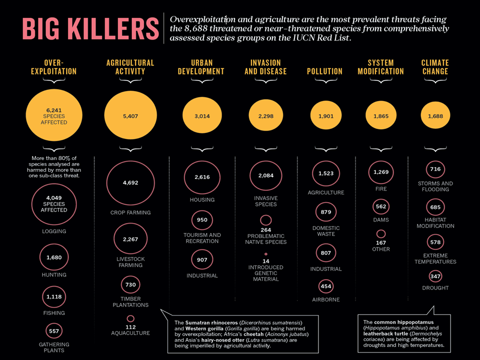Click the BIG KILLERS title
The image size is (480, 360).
pos(90,29)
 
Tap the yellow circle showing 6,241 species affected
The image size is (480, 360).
pos(54,115)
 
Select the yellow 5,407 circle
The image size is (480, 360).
pos(130,115)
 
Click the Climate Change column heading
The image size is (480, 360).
pos(435,67)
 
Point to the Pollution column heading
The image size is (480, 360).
pos(325,71)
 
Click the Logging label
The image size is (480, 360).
pos(54,231)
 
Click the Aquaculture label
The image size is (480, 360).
pos(130,333)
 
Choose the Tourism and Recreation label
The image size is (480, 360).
pos(202,238)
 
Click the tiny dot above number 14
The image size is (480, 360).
pos(265,254)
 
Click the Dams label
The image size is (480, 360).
pos(381,220)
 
